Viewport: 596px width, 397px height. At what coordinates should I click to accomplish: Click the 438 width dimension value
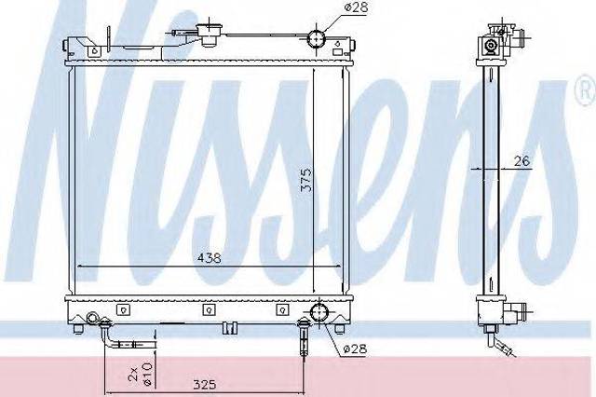click(209, 258)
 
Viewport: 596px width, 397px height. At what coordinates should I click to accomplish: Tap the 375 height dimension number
click(306, 179)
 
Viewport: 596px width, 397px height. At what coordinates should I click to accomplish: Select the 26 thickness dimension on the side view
click(521, 161)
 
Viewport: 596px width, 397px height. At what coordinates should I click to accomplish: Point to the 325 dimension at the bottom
click(205, 385)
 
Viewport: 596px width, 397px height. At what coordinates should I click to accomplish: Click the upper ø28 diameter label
click(356, 8)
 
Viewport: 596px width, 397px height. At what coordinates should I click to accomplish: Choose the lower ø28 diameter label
click(355, 349)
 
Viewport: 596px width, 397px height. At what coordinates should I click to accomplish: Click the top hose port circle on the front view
click(317, 38)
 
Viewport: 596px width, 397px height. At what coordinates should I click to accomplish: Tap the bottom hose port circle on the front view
click(318, 312)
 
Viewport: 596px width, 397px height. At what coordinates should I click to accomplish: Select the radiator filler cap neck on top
click(209, 34)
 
